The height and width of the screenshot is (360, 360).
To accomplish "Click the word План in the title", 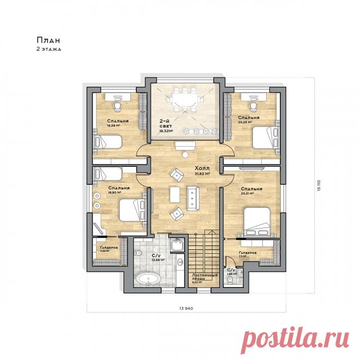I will coord(46,40).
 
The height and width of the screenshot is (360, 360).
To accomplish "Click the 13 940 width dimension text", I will coord(187,309).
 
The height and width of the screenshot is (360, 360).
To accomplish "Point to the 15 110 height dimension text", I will coord(316,185).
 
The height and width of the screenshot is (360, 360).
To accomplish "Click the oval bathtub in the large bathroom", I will coord(148,281).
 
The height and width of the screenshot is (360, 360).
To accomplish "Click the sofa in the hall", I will coord(193,196).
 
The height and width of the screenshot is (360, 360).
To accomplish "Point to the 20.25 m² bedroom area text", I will coord(248,122).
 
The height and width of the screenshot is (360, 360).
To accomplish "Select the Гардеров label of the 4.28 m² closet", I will coord(109,248).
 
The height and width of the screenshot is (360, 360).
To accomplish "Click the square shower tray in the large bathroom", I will coord(177,248).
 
